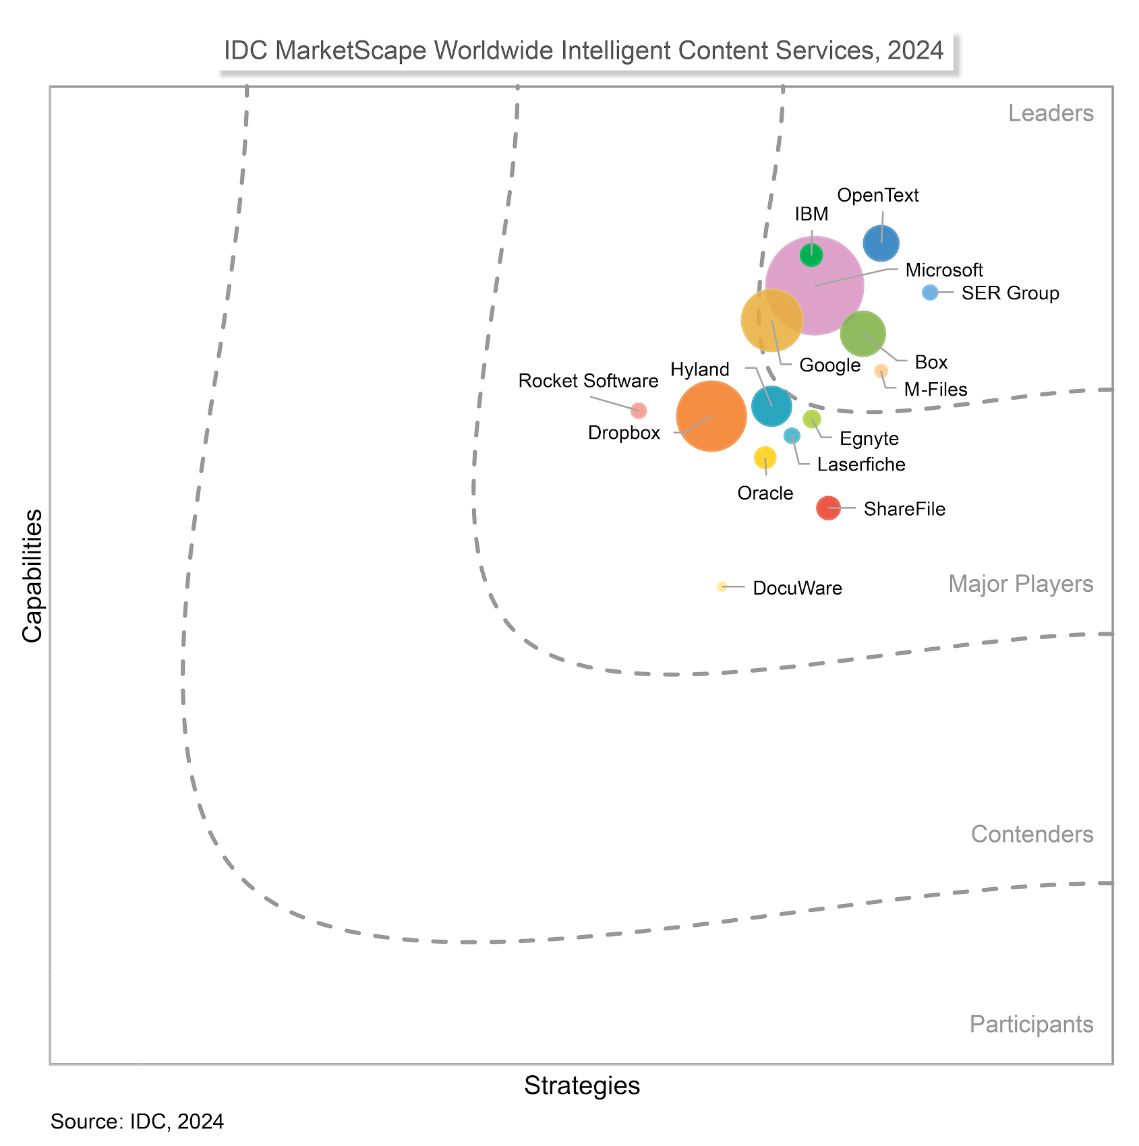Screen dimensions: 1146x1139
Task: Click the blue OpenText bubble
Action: click(881, 243)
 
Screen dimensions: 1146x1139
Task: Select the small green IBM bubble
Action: click(811, 255)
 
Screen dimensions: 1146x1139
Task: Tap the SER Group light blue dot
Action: click(930, 292)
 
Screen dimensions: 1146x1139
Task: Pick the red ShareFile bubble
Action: click(828, 508)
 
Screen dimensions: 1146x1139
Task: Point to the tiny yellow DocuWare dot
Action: click(722, 586)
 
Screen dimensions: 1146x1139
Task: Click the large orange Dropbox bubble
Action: click(711, 416)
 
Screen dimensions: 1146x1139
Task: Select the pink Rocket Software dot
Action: click(639, 410)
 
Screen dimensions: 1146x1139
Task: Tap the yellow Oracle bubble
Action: click(765, 458)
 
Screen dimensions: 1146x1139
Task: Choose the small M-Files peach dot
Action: click(881, 371)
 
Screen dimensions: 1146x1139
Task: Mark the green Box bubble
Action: click(863, 334)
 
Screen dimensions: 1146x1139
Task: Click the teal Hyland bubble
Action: click(771, 406)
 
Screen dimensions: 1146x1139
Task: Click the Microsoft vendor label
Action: click(944, 270)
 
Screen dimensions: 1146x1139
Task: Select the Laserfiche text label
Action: click(861, 464)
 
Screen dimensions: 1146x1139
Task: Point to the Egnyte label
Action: click(869, 439)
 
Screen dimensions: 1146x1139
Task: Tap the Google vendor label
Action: click(829, 365)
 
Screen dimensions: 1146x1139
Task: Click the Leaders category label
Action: click(1051, 113)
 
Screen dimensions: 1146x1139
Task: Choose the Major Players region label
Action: click(1020, 584)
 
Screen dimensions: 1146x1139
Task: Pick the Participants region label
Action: click(1031, 1024)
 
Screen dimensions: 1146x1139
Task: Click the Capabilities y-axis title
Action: click(32, 576)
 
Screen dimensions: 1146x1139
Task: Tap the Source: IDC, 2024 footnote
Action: click(137, 1121)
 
